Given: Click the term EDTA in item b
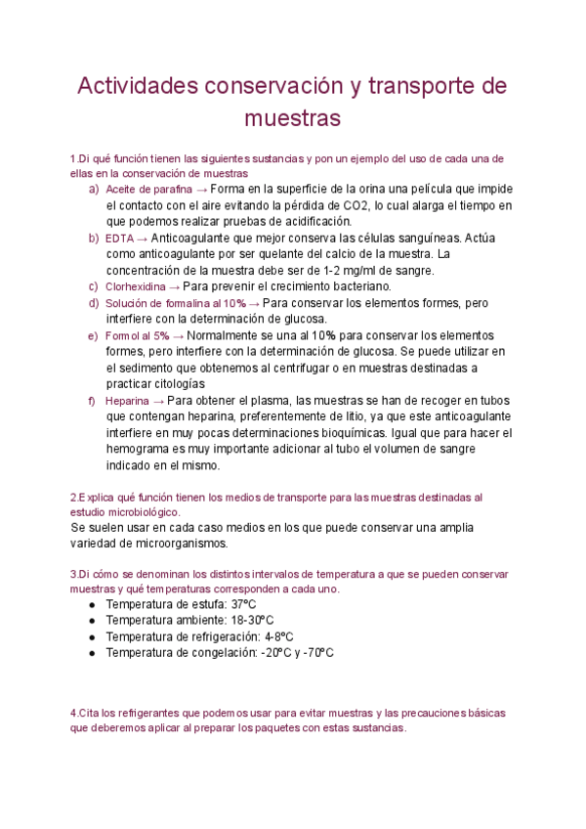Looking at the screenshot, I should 120,238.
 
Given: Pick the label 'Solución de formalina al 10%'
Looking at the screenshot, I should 176,303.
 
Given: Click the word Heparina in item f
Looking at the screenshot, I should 127,401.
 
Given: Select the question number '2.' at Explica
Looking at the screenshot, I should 74,497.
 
